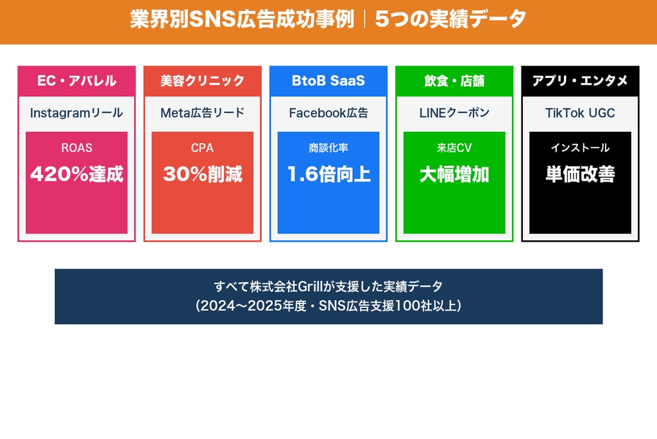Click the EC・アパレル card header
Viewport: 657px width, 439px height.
point(76,81)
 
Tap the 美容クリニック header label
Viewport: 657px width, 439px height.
point(202,81)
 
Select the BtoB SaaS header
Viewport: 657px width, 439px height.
point(328,81)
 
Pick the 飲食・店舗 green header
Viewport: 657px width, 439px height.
point(454,81)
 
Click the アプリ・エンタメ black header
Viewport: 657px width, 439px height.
point(580,81)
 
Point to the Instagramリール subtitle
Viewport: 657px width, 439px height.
point(76,113)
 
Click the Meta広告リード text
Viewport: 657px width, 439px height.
point(202,113)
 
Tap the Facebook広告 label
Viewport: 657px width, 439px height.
point(328,113)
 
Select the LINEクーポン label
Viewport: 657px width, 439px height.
point(454,113)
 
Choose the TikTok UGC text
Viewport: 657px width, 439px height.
point(580,113)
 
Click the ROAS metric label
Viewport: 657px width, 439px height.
point(76,148)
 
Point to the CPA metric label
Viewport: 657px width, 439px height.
point(202,148)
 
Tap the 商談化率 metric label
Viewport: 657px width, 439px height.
point(328,148)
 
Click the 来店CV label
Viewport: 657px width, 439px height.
point(454,148)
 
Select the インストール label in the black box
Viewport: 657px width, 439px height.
point(580,148)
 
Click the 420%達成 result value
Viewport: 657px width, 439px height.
point(76,174)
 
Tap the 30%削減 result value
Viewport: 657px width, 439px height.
point(202,174)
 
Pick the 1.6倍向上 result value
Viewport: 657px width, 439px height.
point(328,174)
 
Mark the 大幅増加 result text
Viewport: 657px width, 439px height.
point(454,174)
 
